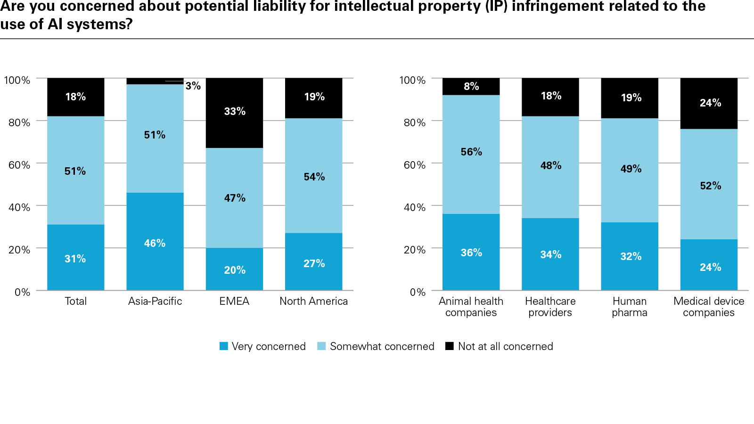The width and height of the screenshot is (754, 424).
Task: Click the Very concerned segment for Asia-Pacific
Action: [x=155, y=241]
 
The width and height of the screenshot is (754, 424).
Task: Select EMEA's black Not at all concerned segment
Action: [x=234, y=113]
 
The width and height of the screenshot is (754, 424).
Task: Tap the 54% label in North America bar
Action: [x=314, y=177]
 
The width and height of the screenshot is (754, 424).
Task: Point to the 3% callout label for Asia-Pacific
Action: [x=193, y=86]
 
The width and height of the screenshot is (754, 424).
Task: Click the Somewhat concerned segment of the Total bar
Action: [x=75, y=171]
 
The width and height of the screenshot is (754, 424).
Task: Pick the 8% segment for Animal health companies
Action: [x=471, y=86]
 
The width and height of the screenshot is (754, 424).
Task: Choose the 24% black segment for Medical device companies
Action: [x=709, y=103]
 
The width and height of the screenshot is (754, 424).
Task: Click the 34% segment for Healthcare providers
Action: [x=550, y=254]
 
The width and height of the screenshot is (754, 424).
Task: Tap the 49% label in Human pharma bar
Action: [x=631, y=169]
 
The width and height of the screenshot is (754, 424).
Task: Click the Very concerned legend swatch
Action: [x=224, y=346]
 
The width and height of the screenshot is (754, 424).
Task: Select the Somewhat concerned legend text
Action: [x=382, y=346]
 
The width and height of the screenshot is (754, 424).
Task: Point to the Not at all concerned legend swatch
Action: [x=450, y=346]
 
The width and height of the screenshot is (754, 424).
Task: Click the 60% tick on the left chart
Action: [x=19, y=165]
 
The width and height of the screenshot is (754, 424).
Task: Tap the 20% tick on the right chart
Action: [x=415, y=250]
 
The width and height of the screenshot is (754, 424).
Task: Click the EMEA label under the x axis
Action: [x=234, y=301]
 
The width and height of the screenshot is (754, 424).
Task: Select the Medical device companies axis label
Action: [x=709, y=307]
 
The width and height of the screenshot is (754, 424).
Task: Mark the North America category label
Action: [x=314, y=301]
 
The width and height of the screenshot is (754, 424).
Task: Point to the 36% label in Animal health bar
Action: [x=471, y=253]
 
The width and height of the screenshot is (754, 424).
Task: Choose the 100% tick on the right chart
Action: [x=412, y=80]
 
